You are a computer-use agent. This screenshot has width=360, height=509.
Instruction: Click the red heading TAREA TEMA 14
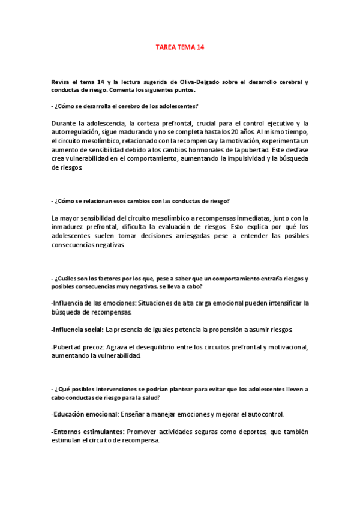[180, 46]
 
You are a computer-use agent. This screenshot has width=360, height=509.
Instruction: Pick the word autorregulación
[81, 131]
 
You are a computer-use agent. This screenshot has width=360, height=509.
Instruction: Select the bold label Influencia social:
[77, 330]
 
